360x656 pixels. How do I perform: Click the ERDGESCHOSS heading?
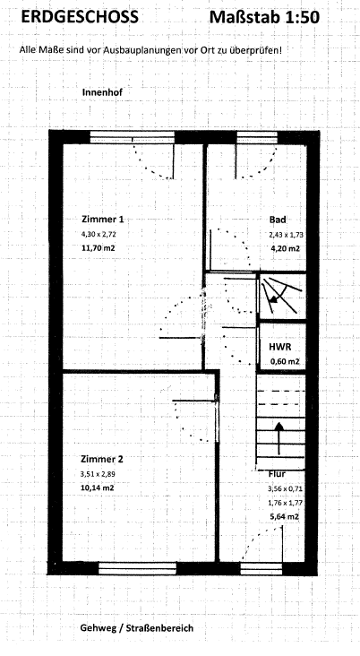pyautogui.click(x=80, y=17)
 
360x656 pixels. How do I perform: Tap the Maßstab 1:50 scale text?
pyautogui.click(x=264, y=17)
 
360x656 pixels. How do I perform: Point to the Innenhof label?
pyautogui.click(x=102, y=92)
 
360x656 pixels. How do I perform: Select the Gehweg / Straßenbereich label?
pyautogui.click(x=137, y=627)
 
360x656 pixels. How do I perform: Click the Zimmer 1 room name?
pyautogui.click(x=102, y=220)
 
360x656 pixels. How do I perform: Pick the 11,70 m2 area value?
pyautogui.click(x=99, y=248)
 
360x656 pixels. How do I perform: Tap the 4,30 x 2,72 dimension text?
pyautogui.click(x=99, y=234)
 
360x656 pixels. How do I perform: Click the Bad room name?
pyautogui.click(x=278, y=220)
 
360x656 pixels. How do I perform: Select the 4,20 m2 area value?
pyautogui.click(x=286, y=248)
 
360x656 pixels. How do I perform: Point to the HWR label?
pyautogui.click(x=280, y=347)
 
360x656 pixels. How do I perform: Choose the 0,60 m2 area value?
pyautogui.click(x=285, y=361)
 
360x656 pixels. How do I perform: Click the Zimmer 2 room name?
pyautogui.click(x=102, y=460)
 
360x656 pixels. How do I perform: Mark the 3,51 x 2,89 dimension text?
pyautogui.click(x=98, y=474)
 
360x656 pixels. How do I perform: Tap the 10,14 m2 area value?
pyautogui.click(x=98, y=488)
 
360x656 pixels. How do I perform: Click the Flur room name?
pyautogui.click(x=278, y=474)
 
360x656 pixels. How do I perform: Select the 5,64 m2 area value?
pyautogui.click(x=285, y=517)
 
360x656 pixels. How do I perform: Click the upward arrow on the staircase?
pyautogui.click(x=279, y=438)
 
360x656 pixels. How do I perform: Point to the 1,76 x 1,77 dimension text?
pyautogui.click(x=286, y=503)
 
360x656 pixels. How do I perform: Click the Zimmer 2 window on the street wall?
pyautogui.click(x=138, y=568)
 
